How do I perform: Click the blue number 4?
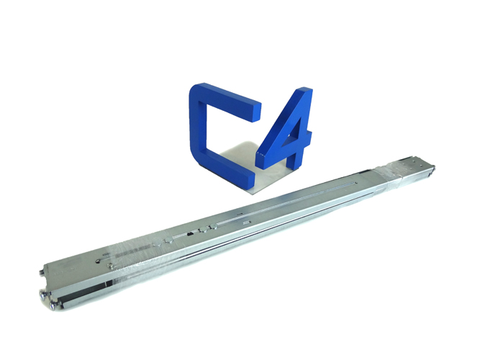[x=288, y=137]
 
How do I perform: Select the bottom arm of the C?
[x=227, y=178]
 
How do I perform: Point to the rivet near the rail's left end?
[x=109, y=264]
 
